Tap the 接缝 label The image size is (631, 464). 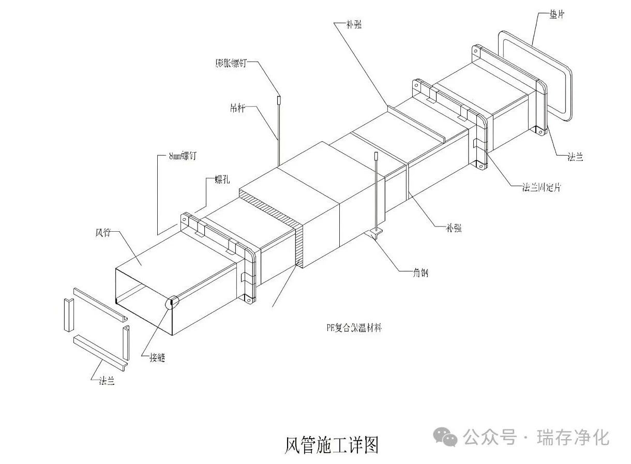156,356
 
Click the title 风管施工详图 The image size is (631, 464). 332,444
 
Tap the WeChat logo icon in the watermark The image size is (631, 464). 445,437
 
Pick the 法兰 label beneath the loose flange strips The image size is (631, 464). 107,381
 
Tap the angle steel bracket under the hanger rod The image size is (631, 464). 377,234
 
